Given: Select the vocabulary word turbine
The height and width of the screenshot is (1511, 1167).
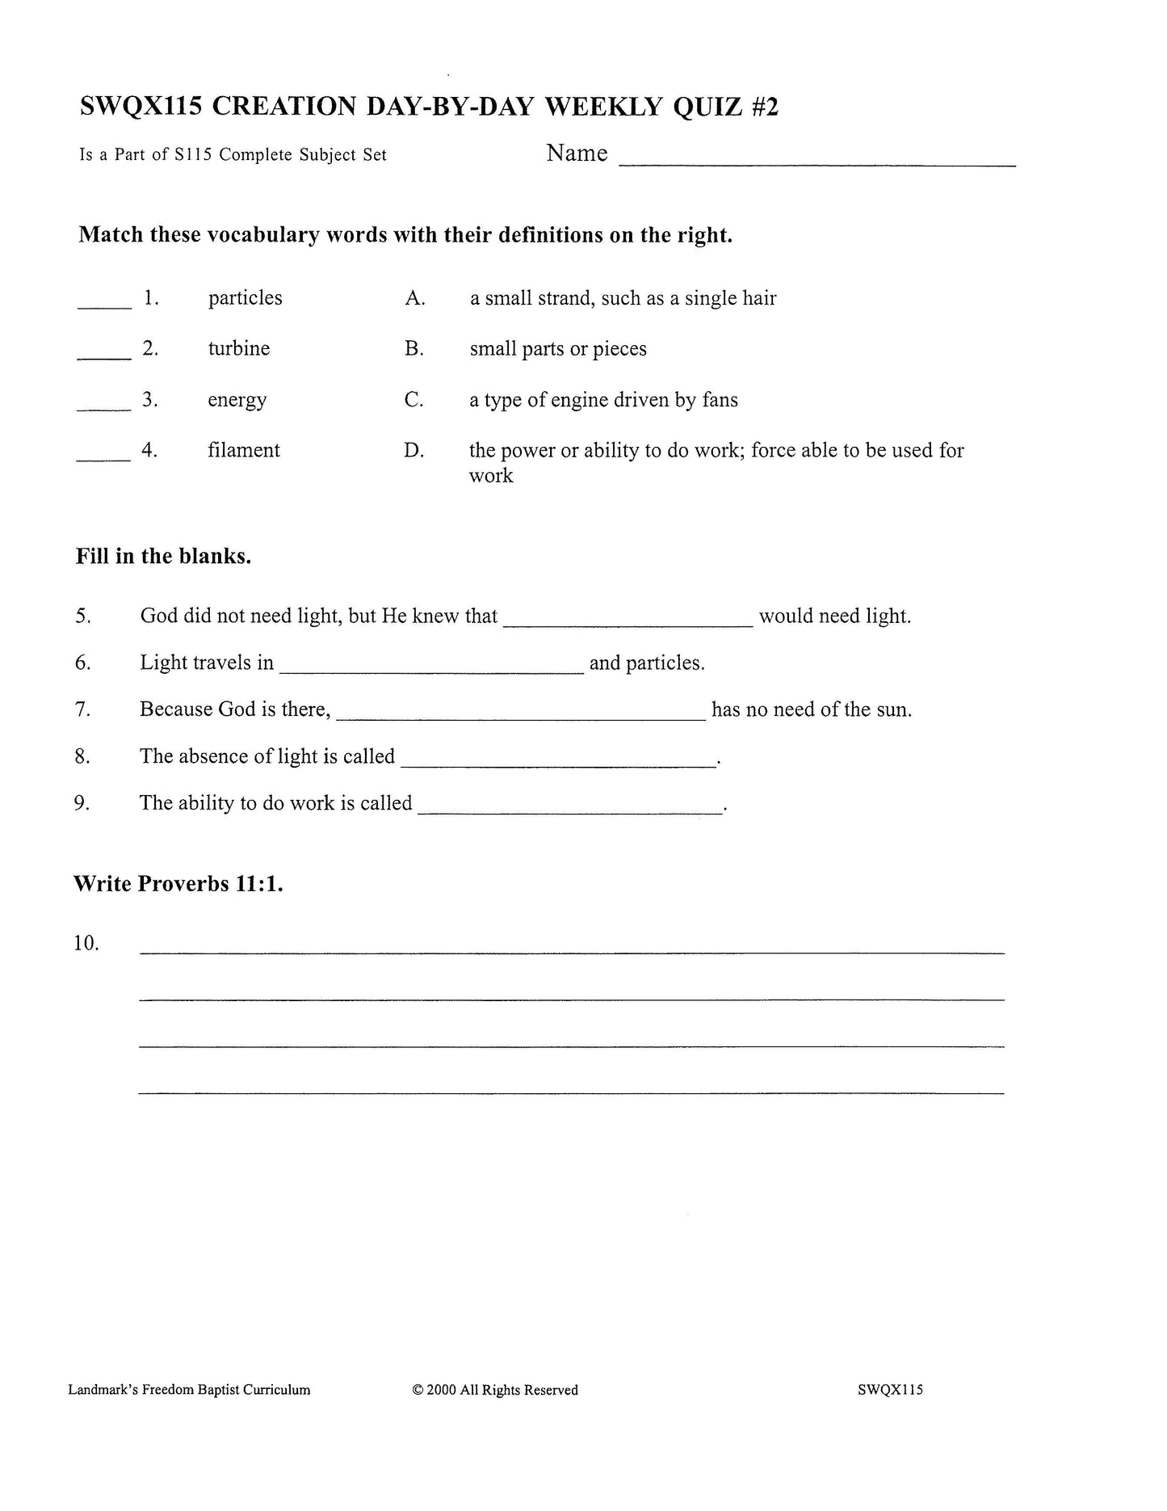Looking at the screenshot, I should (238, 349).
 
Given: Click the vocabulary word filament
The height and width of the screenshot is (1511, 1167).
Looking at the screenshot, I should (243, 450).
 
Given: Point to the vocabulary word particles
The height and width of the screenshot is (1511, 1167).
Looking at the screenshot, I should (245, 298).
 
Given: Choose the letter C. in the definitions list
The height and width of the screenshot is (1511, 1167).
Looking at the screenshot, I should (413, 400).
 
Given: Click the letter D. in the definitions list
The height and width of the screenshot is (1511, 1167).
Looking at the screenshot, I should (413, 451).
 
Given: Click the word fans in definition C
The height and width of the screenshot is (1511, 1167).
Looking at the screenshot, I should (720, 400).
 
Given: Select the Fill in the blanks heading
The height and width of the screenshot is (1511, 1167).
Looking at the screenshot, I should (163, 557).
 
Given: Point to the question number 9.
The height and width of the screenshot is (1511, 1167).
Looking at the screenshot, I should (82, 803).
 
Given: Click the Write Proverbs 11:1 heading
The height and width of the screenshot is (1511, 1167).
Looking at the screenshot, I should (178, 884).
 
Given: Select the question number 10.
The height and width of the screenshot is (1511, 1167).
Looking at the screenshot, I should (86, 943).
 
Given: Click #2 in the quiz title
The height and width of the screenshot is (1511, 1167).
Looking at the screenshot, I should (764, 107).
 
